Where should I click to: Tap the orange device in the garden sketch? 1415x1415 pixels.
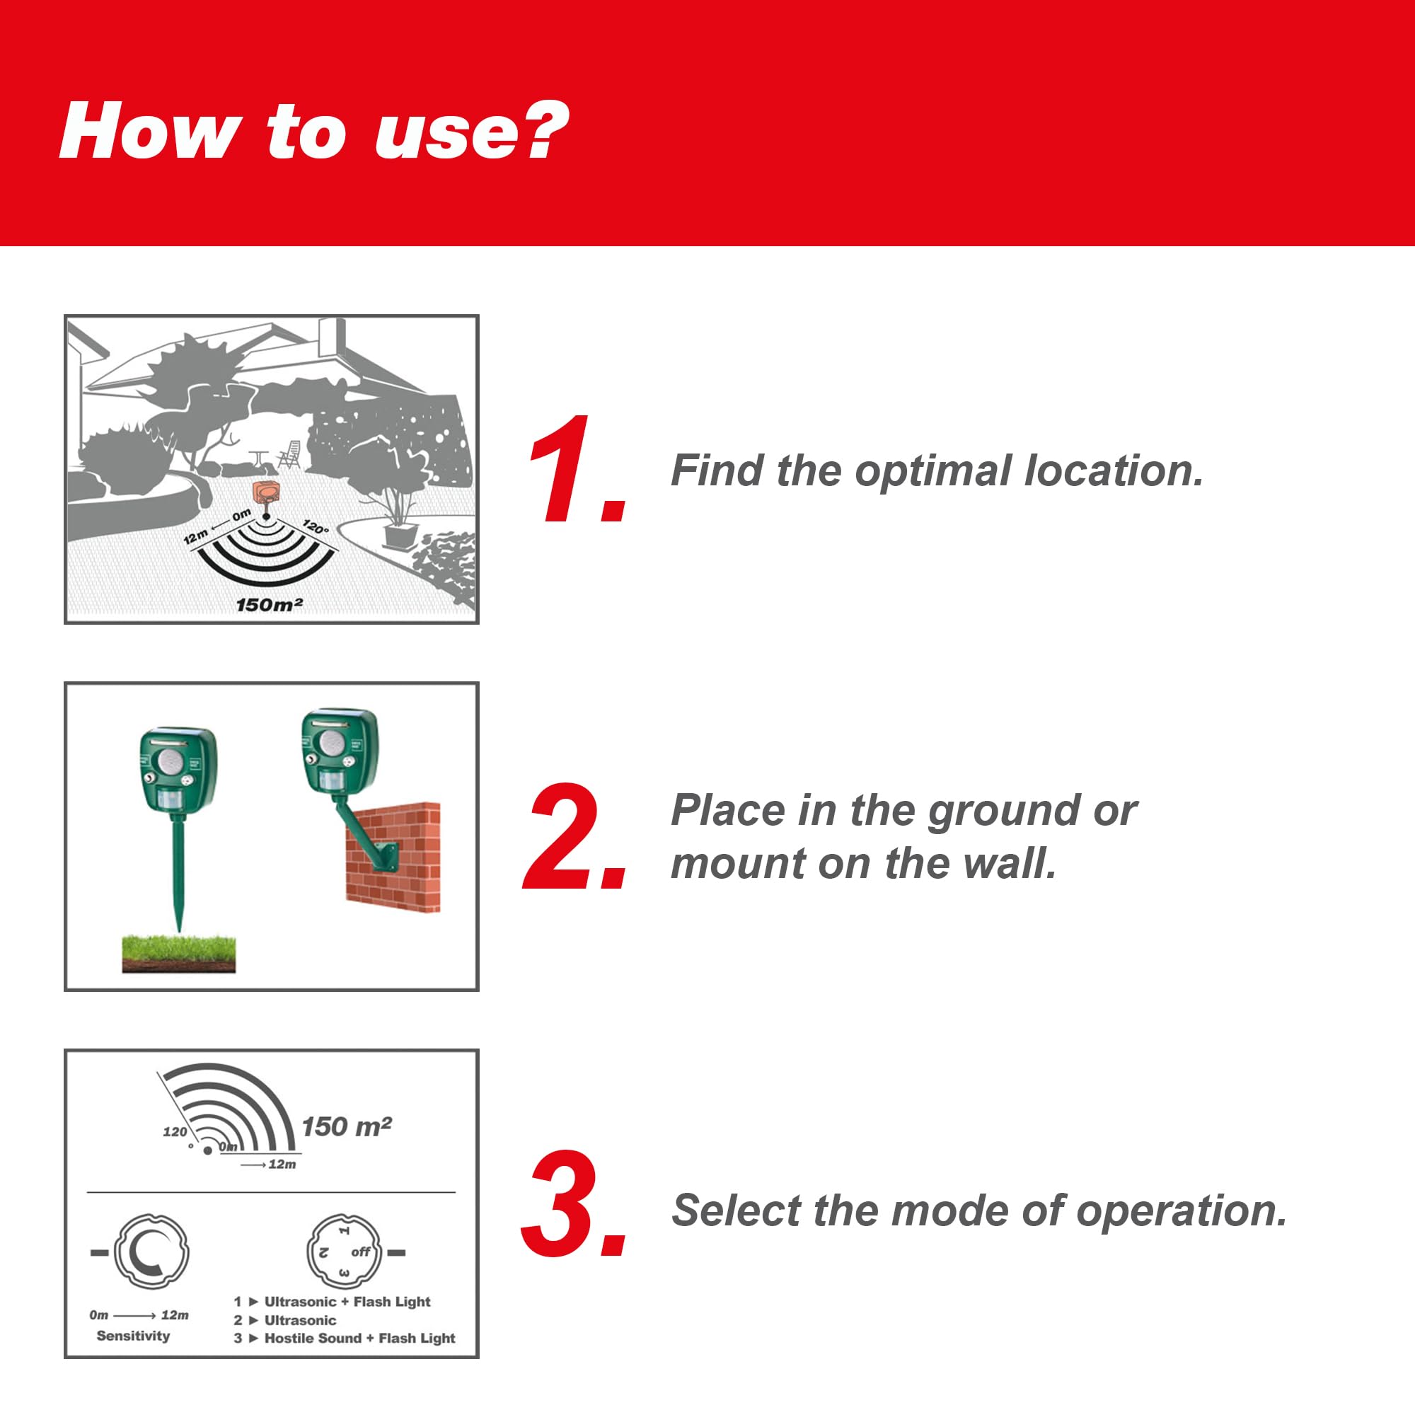(266, 493)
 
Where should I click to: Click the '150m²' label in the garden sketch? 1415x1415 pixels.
(270, 604)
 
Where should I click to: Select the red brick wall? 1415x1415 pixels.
(393, 856)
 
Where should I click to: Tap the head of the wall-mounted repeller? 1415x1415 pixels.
(339, 751)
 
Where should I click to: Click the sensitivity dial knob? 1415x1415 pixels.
(151, 1252)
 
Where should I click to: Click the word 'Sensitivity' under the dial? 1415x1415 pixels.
(133, 1335)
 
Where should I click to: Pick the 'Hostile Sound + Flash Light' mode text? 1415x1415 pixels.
(359, 1338)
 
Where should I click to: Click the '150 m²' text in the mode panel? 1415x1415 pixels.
(347, 1126)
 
